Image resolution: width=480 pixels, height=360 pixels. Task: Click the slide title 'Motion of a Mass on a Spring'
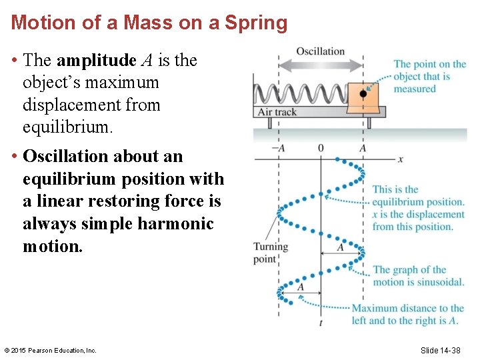pos(149,23)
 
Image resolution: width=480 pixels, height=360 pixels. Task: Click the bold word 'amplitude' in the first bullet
pos(97,61)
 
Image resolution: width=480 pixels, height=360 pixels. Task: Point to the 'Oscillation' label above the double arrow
pos(320,51)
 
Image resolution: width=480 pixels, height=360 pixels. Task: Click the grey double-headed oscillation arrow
pos(320,65)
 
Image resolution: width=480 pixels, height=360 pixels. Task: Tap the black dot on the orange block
pos(363,94)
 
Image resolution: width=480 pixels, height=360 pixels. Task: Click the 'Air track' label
pos(277,112)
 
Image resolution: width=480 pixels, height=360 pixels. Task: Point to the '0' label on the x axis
pos(321,148)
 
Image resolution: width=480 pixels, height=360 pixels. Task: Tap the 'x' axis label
pos(401,159)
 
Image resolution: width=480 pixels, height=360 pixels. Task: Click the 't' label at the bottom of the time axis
pos(321,322)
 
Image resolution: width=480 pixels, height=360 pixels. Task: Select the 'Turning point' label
pos(270,253)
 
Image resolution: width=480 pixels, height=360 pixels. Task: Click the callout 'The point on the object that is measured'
pos(429,77)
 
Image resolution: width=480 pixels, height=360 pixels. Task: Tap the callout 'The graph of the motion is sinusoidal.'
pos(418,275)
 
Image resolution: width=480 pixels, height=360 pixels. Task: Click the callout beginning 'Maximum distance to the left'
pos(407,314)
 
